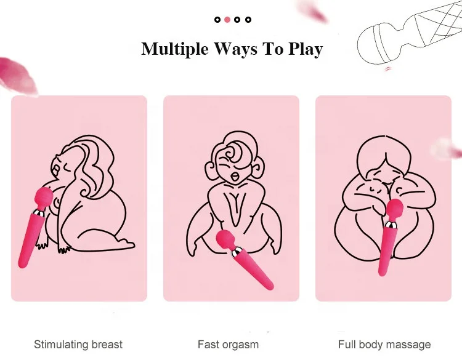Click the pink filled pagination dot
coord(227,20)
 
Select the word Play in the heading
coord(304,49)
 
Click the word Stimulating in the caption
coord(62,345)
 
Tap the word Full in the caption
coord(348,345)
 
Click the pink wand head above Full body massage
coord(394,209)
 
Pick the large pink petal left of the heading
coord(18,74)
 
